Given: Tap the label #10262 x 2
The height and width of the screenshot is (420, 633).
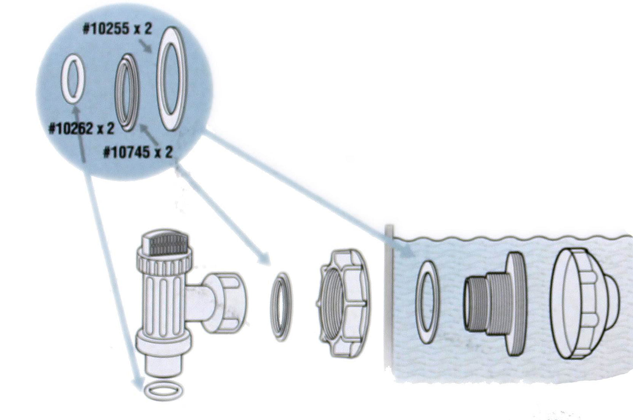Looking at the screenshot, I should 81,128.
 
